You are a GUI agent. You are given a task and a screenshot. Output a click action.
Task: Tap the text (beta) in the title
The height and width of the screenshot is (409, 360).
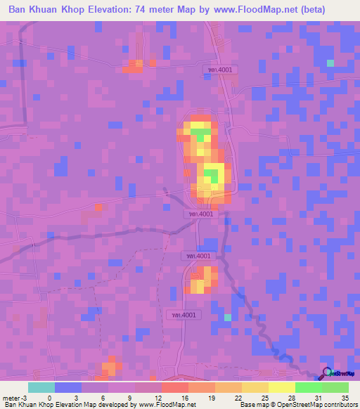point(337,11)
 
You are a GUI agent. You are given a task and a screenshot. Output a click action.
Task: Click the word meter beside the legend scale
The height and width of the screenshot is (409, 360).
point(11,397)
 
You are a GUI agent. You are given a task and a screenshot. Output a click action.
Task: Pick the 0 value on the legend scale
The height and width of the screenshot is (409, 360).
point(49,397)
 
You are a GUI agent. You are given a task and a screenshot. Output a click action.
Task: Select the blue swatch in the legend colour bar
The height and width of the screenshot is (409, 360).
point(68,387)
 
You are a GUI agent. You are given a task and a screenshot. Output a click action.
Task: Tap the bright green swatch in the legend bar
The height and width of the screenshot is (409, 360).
point(308,387)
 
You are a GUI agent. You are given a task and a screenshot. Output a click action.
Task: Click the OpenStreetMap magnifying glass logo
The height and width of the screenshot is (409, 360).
point(326,373)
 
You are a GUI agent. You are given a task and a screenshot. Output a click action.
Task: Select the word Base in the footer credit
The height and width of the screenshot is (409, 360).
point(247,405)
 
